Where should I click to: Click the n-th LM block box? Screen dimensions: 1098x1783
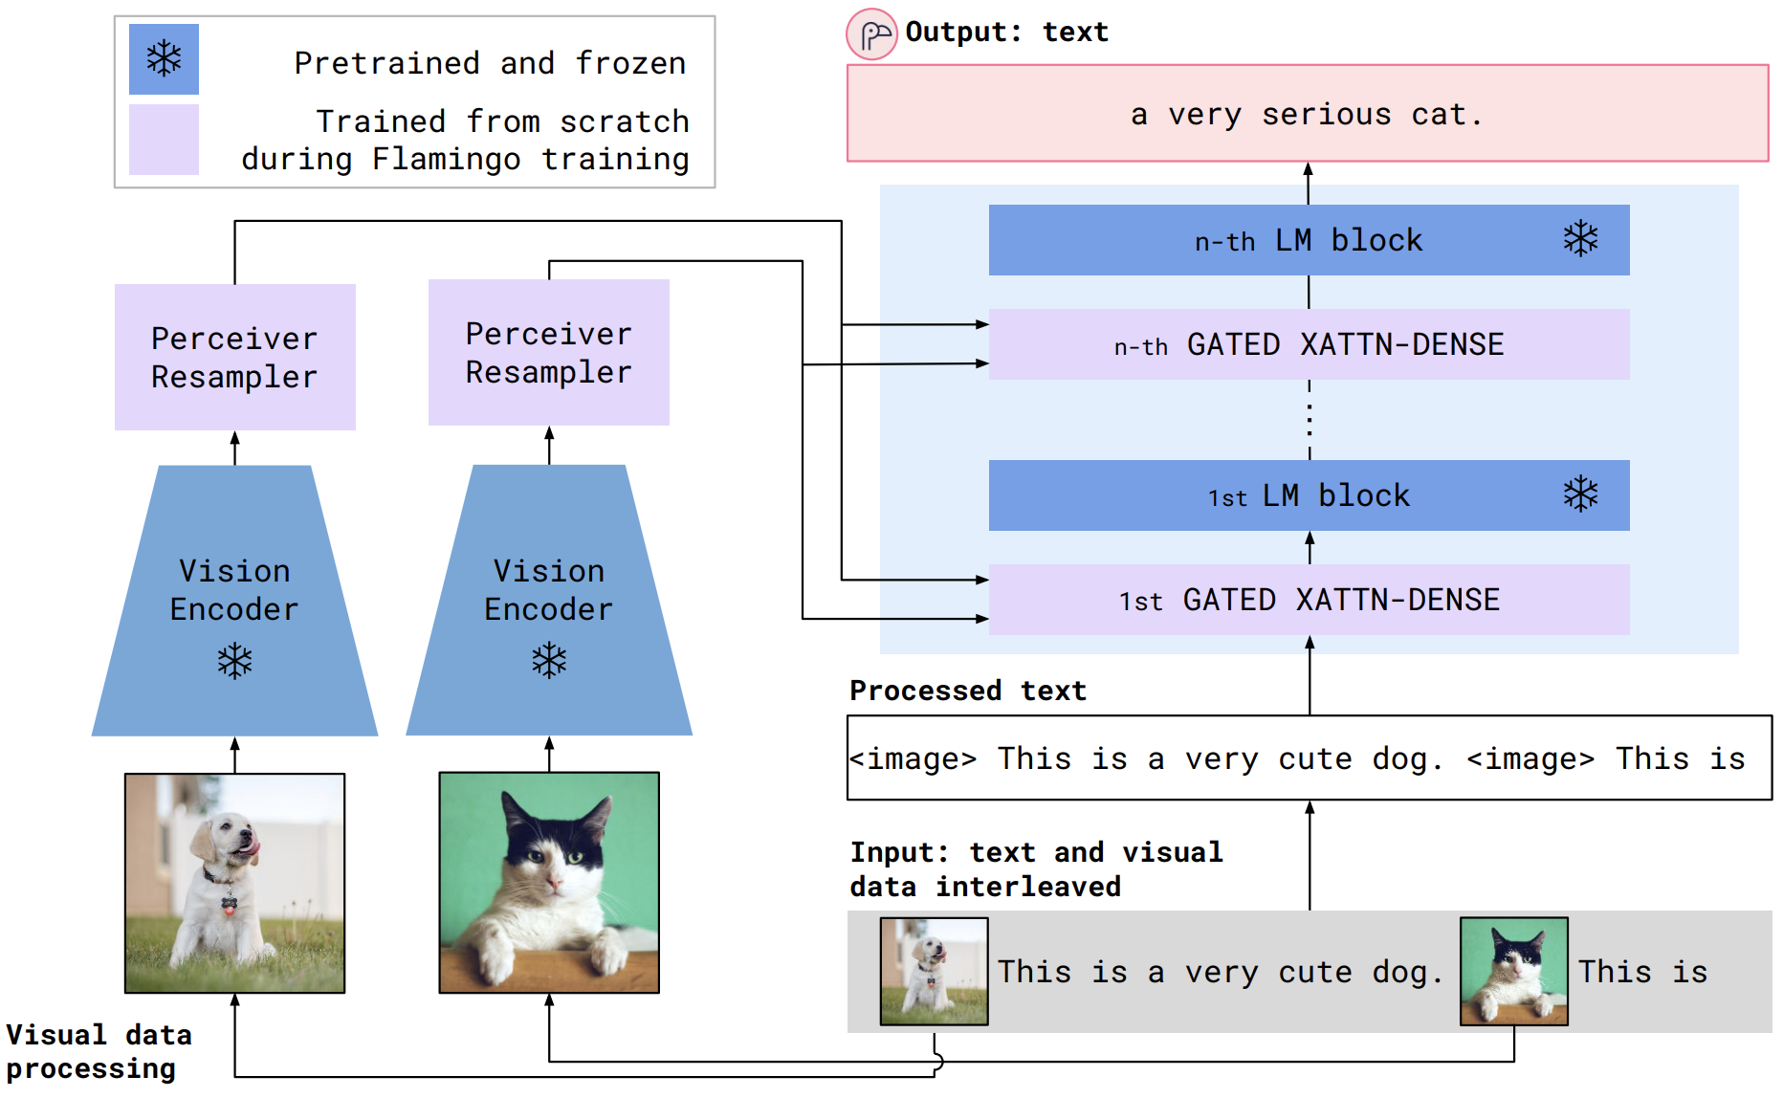(1308, 240)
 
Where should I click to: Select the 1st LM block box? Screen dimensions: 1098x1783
(1308, 495)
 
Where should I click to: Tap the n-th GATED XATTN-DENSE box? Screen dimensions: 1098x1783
(1308, 344)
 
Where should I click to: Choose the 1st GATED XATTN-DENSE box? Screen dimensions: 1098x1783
(1308, 600)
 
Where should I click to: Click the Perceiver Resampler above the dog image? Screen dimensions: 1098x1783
(234, 358)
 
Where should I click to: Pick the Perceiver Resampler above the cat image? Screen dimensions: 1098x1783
(548, 353)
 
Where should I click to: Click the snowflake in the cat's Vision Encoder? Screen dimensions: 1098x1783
(549, 660)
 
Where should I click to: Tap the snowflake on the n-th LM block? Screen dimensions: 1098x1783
(1580, 239)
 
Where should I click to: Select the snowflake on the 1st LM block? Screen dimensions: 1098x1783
(1580, 494)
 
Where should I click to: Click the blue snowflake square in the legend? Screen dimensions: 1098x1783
(164, 59)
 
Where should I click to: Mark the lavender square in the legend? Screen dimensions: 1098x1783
(164, 140)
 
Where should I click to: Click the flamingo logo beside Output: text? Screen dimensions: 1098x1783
(871, 35)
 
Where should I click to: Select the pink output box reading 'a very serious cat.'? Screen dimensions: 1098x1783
(1307, 114)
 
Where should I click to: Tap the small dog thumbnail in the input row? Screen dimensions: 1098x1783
(934, 971)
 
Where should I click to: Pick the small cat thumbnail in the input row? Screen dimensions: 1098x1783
(1513, 971)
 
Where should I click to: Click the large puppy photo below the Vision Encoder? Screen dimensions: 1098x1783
(234, 883)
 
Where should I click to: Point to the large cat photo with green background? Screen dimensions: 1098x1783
(549, 883)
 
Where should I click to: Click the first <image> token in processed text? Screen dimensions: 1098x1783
(914, 758)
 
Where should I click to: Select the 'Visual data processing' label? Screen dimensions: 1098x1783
(99, 1051)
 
